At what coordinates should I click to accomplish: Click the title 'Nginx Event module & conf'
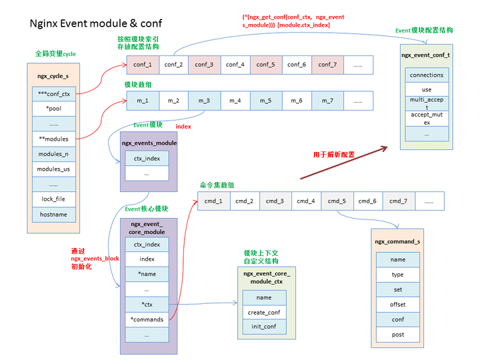96,23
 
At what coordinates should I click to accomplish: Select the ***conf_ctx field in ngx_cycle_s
53,94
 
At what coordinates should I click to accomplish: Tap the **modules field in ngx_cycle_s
53,139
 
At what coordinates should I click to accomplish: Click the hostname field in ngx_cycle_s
53,215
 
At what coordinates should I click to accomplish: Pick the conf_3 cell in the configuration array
203,65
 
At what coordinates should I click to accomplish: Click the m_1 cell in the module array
142,101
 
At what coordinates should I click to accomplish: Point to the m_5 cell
265,101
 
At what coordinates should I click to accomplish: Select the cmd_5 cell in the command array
337,201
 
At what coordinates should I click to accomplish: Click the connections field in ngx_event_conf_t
426,75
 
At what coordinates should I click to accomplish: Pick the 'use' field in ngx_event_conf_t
426,89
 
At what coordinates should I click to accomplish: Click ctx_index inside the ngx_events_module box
147,159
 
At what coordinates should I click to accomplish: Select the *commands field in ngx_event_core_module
147,319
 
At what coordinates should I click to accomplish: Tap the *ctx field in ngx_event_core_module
147,305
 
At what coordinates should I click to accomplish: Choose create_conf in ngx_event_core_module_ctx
264,312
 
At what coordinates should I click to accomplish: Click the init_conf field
264,327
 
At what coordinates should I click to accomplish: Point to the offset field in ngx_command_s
397,304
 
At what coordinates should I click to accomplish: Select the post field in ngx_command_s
397,334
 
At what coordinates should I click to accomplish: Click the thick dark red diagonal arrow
343,161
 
